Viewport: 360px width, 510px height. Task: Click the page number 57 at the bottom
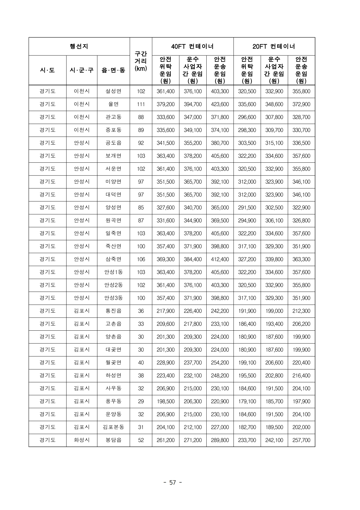click(x=173, y=483)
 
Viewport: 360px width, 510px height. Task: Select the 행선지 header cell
click(x=79, y=46)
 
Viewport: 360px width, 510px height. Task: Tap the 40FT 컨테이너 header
click(x=192, y=46)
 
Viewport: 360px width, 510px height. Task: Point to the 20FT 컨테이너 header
click(x=274, y=46)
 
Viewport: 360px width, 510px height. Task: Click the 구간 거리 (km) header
click(x=141, y=61)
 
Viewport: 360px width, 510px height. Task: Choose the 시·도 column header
click(x=48, y=70)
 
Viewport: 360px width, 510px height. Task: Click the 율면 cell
click(x=113, y=104)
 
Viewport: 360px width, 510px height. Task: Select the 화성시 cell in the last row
click(x=82, y=440)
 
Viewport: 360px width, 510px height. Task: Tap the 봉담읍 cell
click(x=113, y=440)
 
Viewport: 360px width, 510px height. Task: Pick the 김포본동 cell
click(x=113, y=427)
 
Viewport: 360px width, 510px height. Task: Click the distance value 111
click(x=141, y=104)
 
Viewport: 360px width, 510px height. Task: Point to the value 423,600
click(x=220, y=104)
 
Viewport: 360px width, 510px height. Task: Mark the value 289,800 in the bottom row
click(x=220, y=440)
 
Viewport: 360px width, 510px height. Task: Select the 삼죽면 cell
click(x=113, y=259)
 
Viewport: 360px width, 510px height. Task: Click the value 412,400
click(x=220, y=259)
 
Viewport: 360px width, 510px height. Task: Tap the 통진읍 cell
click(x=113, y=311)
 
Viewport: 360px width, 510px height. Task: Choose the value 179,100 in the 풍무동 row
click(x=247, y=401)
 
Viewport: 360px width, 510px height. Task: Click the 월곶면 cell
click(x=113, y=362)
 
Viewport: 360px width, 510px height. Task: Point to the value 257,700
click(x=301, y=440)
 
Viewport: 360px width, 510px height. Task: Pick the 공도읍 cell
click(x=113, y=143)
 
